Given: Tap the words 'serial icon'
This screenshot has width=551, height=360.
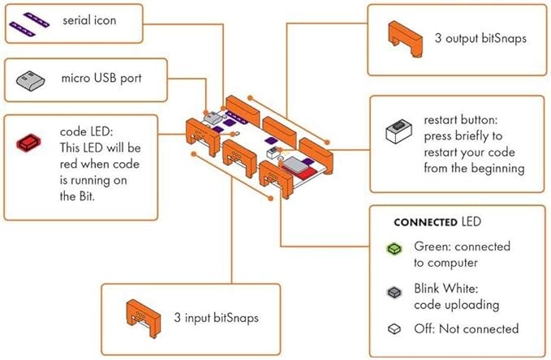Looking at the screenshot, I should [90, 19].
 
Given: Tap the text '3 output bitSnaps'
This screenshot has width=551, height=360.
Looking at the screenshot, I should [486, 39].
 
